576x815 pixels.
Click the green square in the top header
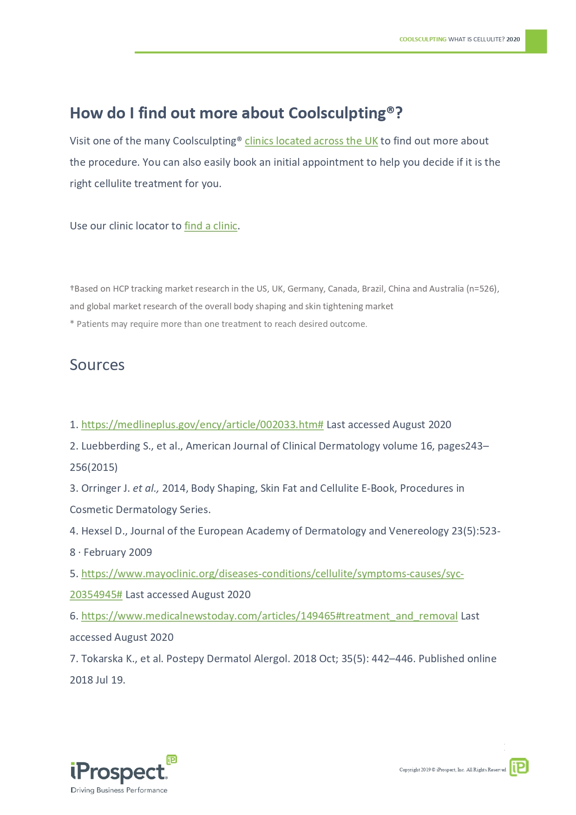pos(536,41)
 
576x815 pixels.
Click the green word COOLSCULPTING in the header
pos(423,39)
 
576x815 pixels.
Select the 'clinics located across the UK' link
pos(311,141)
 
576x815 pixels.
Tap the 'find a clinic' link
pos(211,226)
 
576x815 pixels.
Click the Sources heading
pos(97,365)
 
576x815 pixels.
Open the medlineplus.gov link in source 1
pos(202,425)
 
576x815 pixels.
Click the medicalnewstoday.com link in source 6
pos(269,616)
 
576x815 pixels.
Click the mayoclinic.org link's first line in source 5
pos(272,574)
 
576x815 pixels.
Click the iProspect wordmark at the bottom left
pos(118,772)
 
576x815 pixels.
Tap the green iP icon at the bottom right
pos(519,767)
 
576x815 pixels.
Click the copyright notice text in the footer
pos(452,770)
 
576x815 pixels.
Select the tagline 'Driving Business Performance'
pos(119,790)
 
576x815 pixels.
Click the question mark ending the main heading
pos(399,113)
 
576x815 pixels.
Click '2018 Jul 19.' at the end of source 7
pos(98,680)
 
